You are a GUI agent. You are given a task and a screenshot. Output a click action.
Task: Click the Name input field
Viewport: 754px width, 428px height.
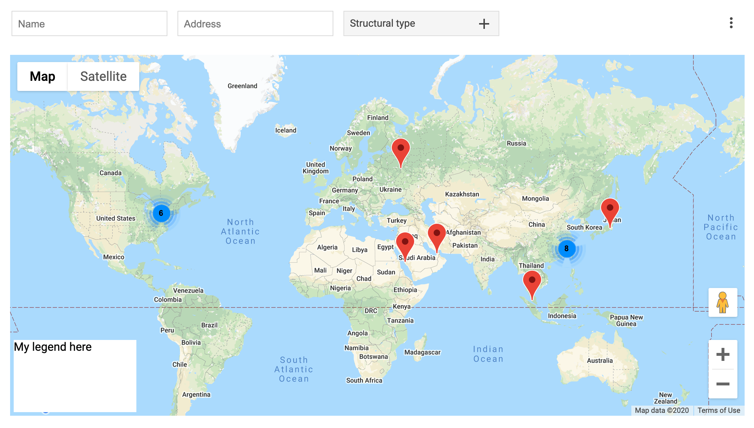tap(89, 24)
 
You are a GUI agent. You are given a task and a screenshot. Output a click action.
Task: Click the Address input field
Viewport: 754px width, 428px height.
tap(255, 24)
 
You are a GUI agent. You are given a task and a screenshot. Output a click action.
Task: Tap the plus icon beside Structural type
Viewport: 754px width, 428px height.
tap(484, 24)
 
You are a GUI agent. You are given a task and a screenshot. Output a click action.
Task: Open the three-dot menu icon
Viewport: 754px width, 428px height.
tap(731, 23)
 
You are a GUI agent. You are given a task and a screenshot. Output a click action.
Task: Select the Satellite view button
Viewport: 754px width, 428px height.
tap(103, 77)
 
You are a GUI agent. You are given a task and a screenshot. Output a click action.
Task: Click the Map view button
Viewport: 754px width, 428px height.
tap(43, 77)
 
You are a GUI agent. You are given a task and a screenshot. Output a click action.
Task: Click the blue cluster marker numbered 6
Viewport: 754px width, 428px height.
tap(161, 213)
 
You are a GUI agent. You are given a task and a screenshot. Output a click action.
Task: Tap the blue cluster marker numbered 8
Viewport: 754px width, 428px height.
tap(566, 248)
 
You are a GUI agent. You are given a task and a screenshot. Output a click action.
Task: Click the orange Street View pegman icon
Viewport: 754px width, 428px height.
tap(723, 302)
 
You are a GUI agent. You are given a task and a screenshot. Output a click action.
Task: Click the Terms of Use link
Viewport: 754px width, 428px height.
tap(719, 410)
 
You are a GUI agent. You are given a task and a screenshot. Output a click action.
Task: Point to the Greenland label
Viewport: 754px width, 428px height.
tap(242, 86)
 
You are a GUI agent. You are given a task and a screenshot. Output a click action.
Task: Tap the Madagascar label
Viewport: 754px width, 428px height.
tap(422, 352)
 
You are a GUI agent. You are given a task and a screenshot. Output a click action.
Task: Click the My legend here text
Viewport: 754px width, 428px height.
tap(53, 347)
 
